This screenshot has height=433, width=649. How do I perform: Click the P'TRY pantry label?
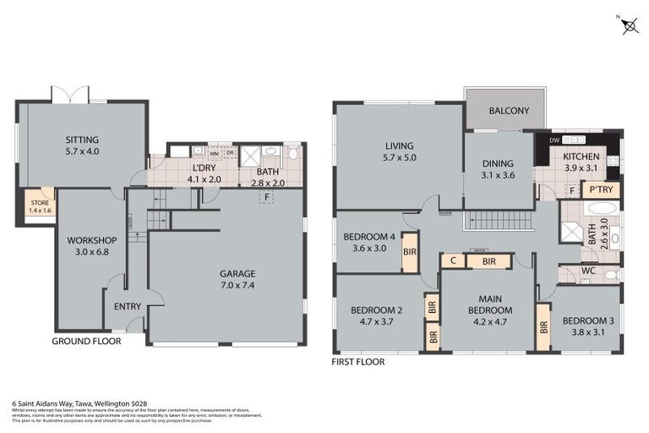pos(601,189)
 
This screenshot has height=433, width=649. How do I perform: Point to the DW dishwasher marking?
pos(554,140)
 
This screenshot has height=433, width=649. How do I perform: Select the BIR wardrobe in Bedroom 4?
pos(410,251)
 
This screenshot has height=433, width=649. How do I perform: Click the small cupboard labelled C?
pos(453,261)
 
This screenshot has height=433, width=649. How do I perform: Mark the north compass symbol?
pos(630,25)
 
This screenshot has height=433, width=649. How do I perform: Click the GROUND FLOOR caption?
pos(86,342)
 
